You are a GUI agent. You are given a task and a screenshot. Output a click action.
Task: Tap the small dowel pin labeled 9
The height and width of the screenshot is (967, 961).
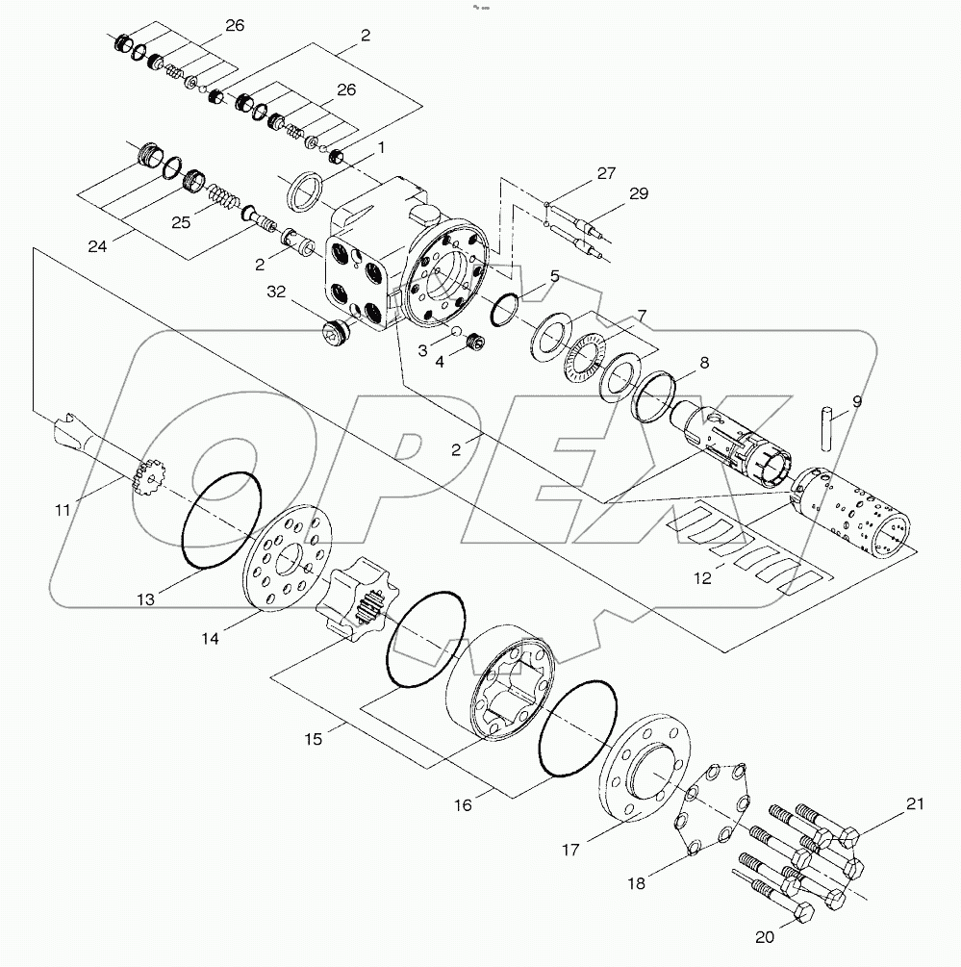point(826,427)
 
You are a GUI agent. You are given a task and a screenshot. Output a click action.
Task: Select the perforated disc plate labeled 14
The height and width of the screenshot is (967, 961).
point(287,559)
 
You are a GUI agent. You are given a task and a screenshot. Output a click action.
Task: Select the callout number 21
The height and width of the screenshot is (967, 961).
point(914,804)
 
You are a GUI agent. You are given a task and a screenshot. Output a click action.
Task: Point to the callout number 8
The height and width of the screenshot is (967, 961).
point(704,364)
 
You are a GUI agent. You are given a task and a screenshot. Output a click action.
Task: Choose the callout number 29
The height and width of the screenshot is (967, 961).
point(640,194)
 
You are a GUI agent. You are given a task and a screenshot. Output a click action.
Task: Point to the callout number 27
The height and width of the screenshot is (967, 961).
point(605,173)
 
